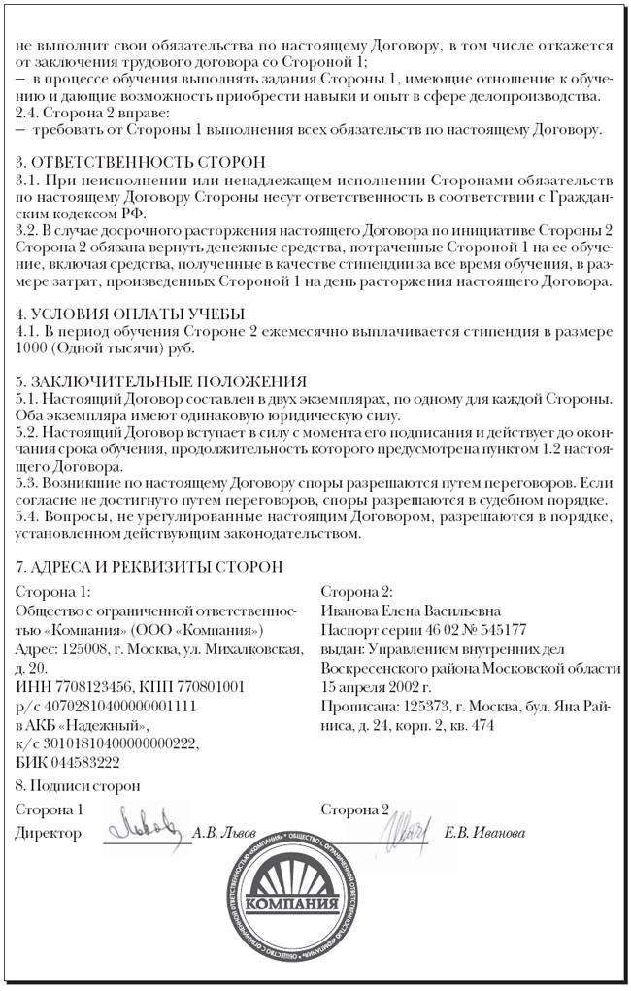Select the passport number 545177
tap(499, 629)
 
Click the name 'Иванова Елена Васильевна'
tap(411, 611)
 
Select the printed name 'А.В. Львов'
tap(224, 833)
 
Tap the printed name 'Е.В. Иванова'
tap(485, 833)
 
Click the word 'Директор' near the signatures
tap(48, 833)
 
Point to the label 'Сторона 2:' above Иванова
tap(356, 591)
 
